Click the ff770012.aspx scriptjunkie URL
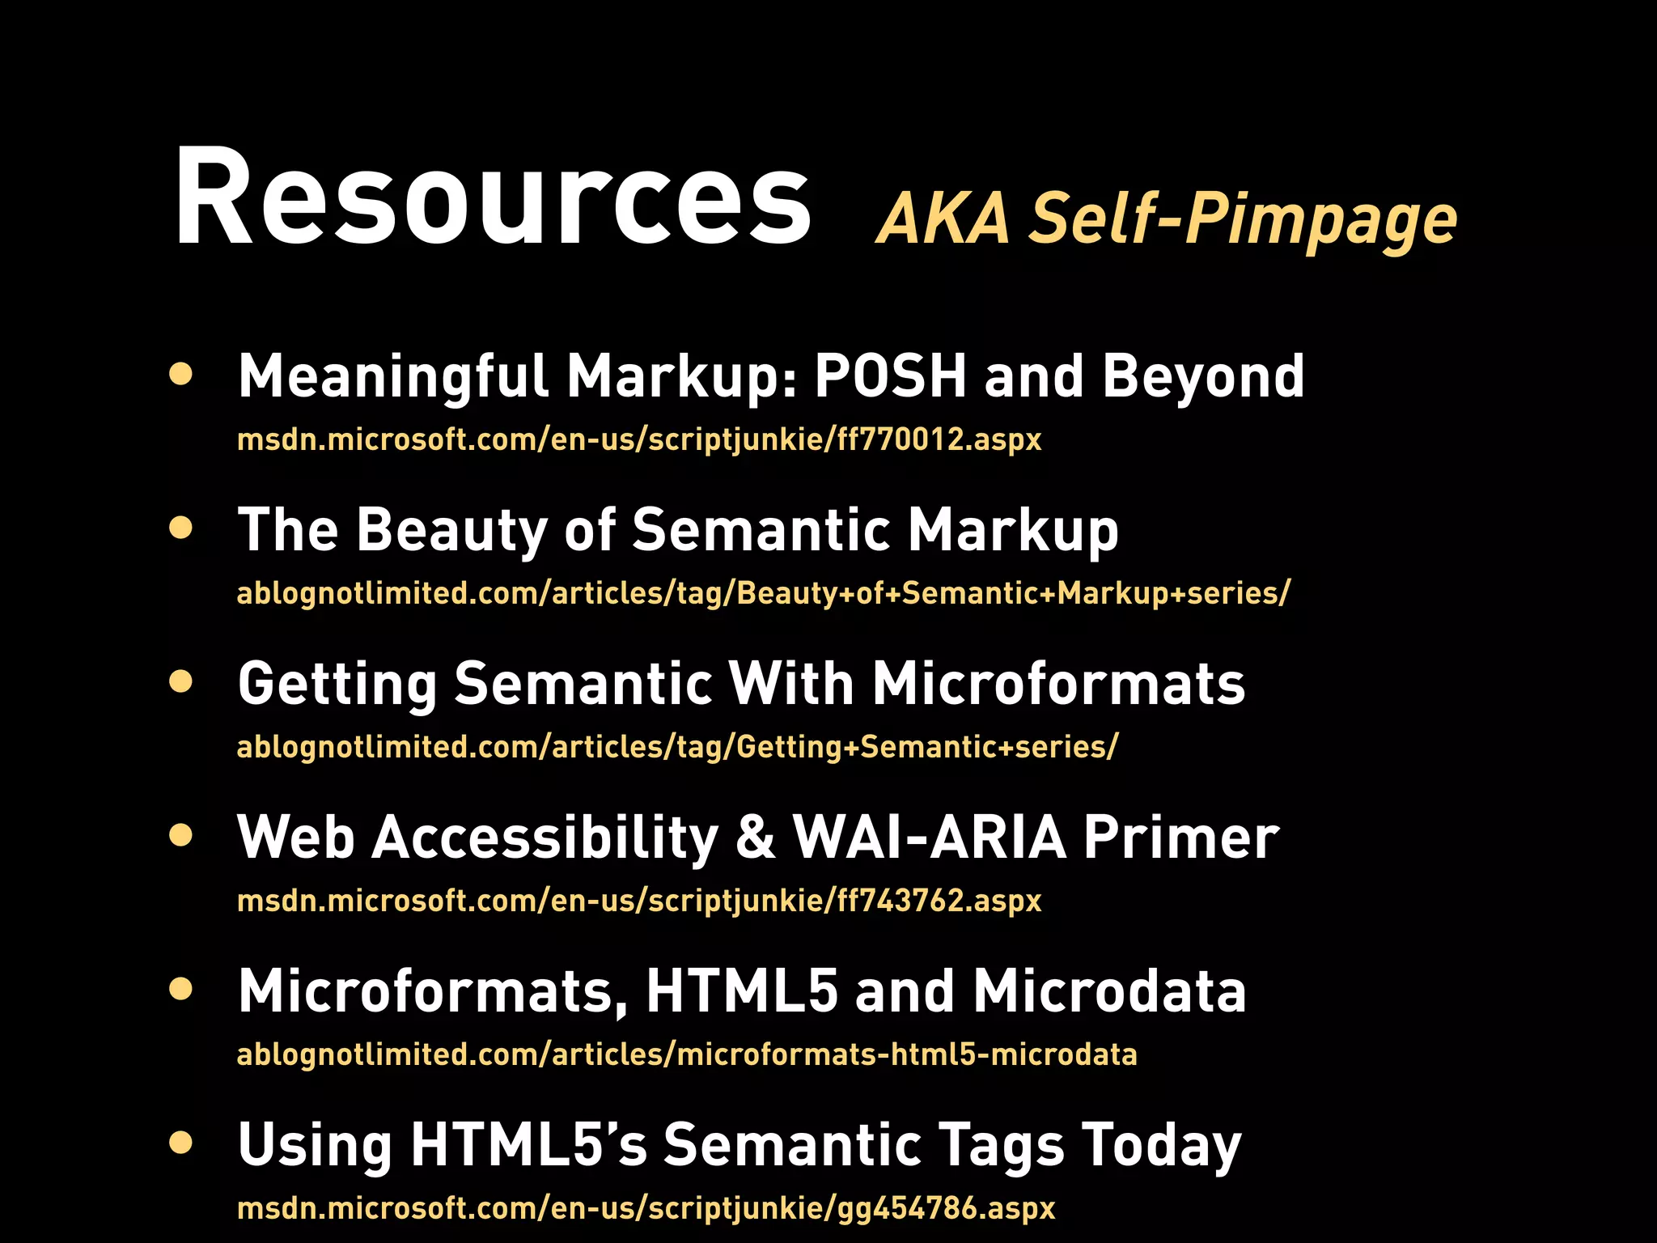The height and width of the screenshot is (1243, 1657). [639, 439]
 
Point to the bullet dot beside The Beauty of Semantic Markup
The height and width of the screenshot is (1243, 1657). [181, 528]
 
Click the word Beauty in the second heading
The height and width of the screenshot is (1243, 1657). [451, 530]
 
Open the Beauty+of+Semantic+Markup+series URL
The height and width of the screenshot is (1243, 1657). [763, 593]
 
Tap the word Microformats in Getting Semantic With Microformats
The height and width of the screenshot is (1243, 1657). [1058, 684]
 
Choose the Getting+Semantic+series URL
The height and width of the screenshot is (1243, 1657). [677, 747]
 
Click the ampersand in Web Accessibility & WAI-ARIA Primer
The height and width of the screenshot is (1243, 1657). [755, 838]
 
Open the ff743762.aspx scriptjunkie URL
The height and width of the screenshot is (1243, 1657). [639, 901]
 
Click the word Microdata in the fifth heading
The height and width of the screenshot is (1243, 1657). [1109, 991]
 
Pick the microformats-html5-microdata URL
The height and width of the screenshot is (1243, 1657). [686, 1054]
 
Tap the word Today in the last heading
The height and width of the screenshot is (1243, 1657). [1161, 1146]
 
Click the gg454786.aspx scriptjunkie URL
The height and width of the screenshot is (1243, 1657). [646, 1208]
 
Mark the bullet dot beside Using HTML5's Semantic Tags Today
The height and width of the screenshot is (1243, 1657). [181, 1143]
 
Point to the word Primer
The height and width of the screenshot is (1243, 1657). [1181, 838]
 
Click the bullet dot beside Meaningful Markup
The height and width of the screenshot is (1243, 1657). [181, 374]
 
